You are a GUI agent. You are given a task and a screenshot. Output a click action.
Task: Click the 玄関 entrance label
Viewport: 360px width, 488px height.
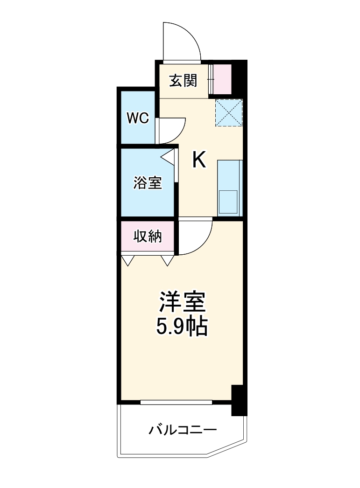pos(183,81)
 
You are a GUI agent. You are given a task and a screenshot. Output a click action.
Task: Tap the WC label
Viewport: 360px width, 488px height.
pos(138,119)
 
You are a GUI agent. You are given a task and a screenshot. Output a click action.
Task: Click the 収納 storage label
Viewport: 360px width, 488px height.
pos(148,237)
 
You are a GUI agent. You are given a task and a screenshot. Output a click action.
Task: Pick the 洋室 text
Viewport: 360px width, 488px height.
pos(182,302)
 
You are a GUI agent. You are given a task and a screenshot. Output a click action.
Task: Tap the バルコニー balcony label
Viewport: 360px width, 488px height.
pos(183,430)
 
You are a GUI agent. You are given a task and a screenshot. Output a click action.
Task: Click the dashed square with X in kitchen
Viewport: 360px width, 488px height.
pos(229,112)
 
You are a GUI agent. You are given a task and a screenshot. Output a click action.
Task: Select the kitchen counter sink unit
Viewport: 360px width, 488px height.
pos(230,188)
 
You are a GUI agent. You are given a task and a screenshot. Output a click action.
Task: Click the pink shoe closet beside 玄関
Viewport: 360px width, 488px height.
pos(222,79)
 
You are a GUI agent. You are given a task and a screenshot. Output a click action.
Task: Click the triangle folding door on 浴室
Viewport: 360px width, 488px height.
pos(169,156)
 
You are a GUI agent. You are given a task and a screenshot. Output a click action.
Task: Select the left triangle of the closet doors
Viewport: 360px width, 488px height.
pos(127,259)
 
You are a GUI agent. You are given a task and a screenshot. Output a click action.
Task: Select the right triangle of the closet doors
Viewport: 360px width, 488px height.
pos(168,259)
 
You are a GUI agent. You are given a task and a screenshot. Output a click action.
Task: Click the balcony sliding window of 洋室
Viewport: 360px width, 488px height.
pos(176,402)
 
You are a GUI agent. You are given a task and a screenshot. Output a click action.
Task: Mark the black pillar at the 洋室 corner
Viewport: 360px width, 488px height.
pos(238,400)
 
